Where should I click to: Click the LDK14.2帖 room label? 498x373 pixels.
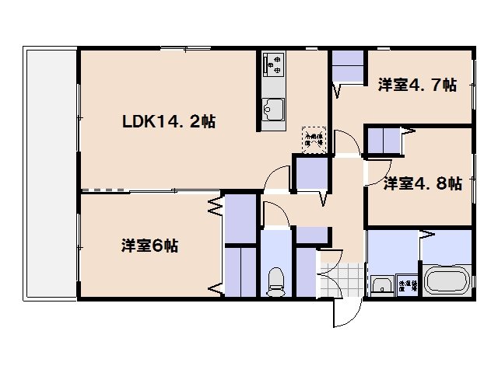(168, 121)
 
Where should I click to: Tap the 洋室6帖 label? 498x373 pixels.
(149, 246)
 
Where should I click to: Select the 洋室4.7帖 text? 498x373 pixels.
(417, 85)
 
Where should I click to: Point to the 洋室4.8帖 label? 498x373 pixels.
(423, 183)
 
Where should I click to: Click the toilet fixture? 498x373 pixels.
(275, 281)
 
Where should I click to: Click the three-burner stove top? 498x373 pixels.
(274, 65)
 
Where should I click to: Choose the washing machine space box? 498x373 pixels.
(406, 285)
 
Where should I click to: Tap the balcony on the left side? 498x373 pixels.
(51, 175)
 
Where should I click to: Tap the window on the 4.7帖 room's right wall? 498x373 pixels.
(473, 86)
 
